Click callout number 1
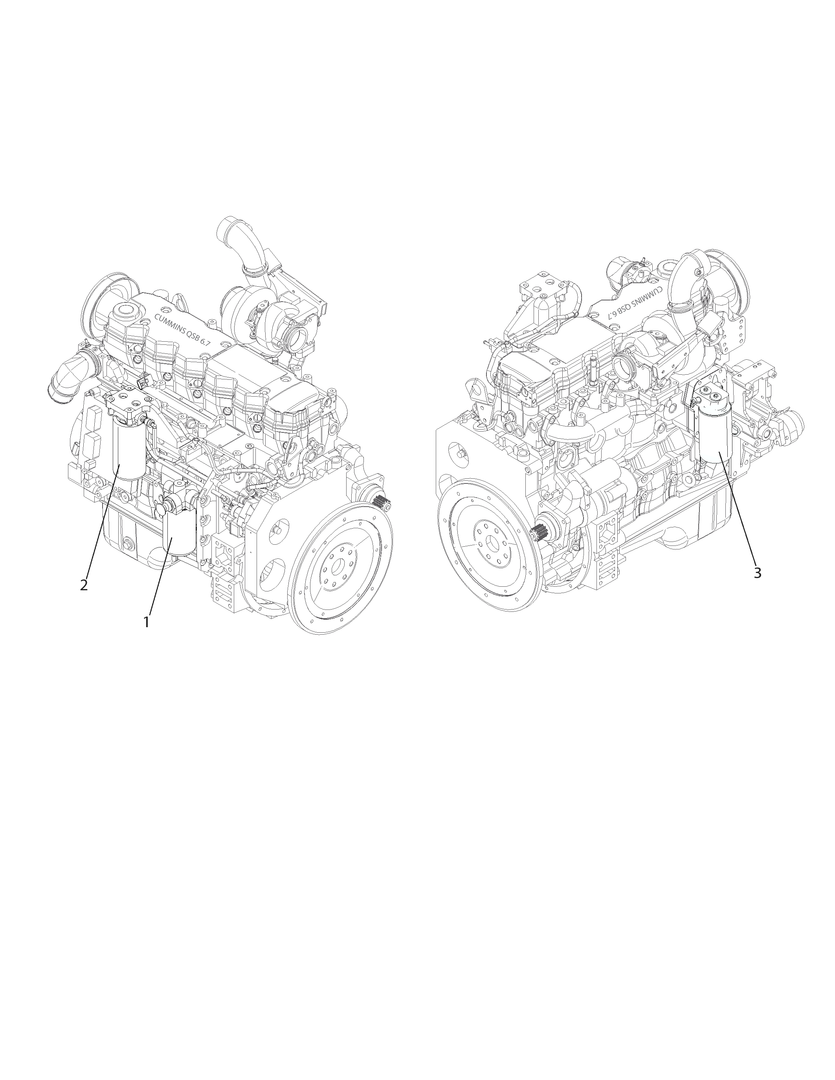146,622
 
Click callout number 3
757,573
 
